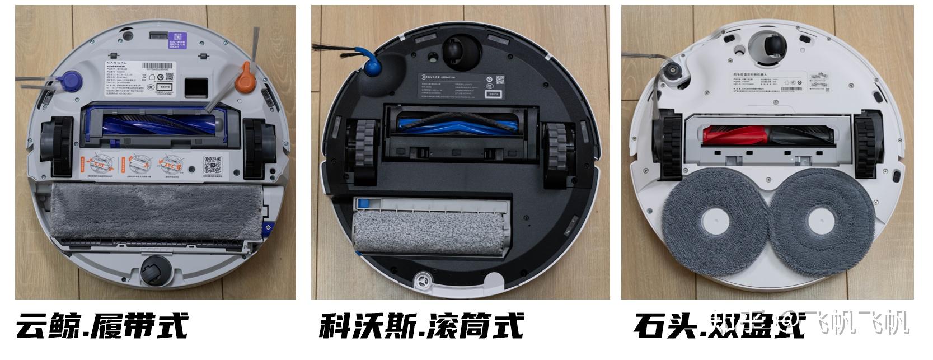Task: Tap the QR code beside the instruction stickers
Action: [x=212, y=166]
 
